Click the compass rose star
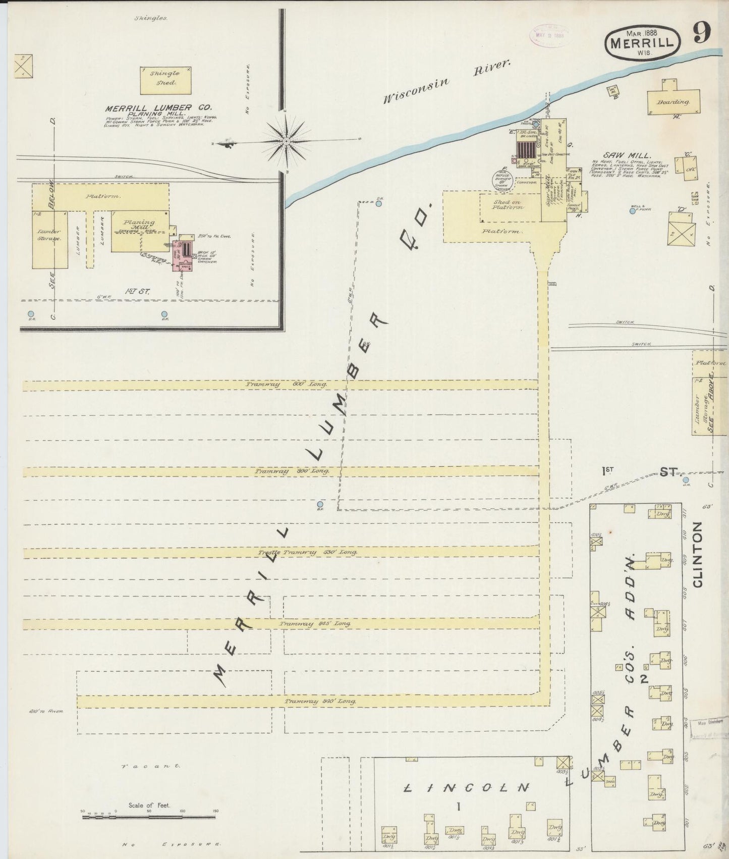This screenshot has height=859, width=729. pos(286,139)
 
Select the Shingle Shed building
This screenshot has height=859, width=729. pos(165,80)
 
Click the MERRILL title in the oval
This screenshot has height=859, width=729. pos(642,42)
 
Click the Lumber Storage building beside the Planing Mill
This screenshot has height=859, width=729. pos(50,240)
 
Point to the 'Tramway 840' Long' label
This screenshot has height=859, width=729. pos(320,702)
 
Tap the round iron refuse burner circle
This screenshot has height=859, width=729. pos(503,181)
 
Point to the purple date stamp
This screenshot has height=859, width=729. pos(547,35)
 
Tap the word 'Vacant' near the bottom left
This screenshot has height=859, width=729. pos(152,780)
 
